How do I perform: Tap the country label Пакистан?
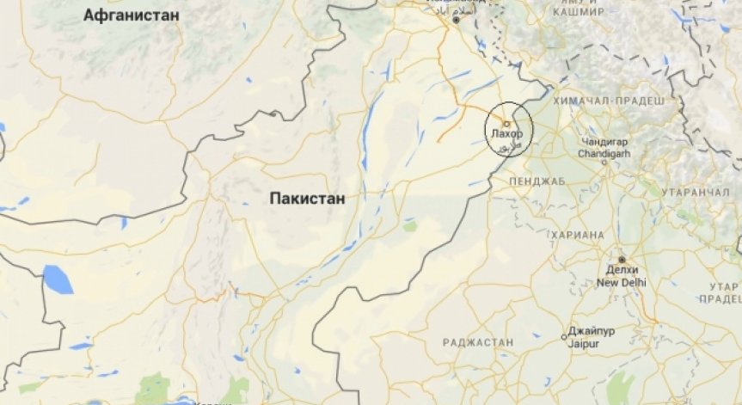click(307, 198)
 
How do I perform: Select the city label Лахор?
click(506, 135)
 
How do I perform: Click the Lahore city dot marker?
click(506, 124)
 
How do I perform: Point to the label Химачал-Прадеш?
click(610, 101)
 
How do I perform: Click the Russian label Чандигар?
click(605, 141)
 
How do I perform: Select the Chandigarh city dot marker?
click(604, 162)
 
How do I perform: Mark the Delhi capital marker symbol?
click(622, 260)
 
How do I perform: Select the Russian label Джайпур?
click(593, 334)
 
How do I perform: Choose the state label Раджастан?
click(477, 342)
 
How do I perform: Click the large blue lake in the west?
click(58, 279)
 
